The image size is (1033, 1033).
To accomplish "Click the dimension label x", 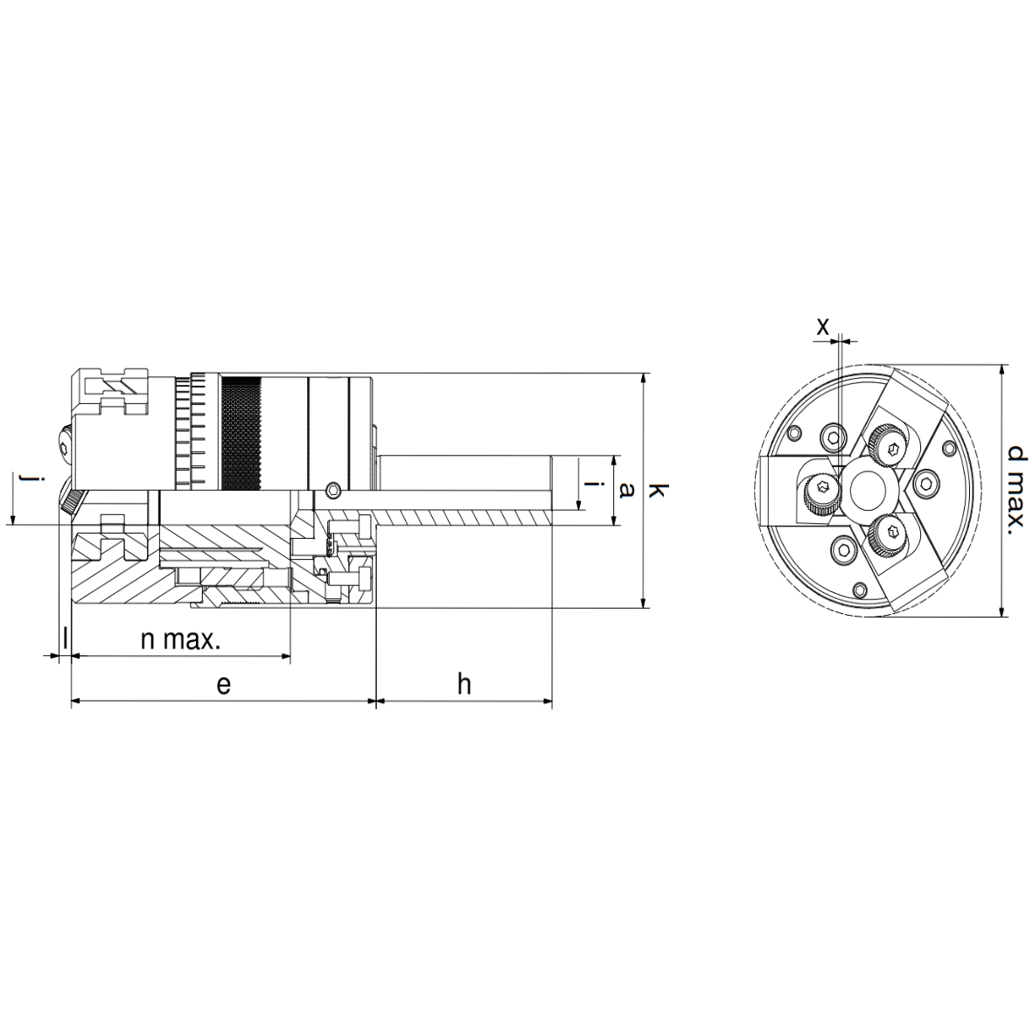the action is click(x=822, y=326).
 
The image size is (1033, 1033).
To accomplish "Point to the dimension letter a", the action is click(x=627, y=490).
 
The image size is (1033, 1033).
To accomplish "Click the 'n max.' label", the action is click(x=181, y=639).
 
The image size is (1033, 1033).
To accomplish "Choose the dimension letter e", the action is click(x=223, y=685).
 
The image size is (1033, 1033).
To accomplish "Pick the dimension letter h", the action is click(x=464, y=684).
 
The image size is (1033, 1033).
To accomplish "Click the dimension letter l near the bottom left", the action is click(x=65, y=639).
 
